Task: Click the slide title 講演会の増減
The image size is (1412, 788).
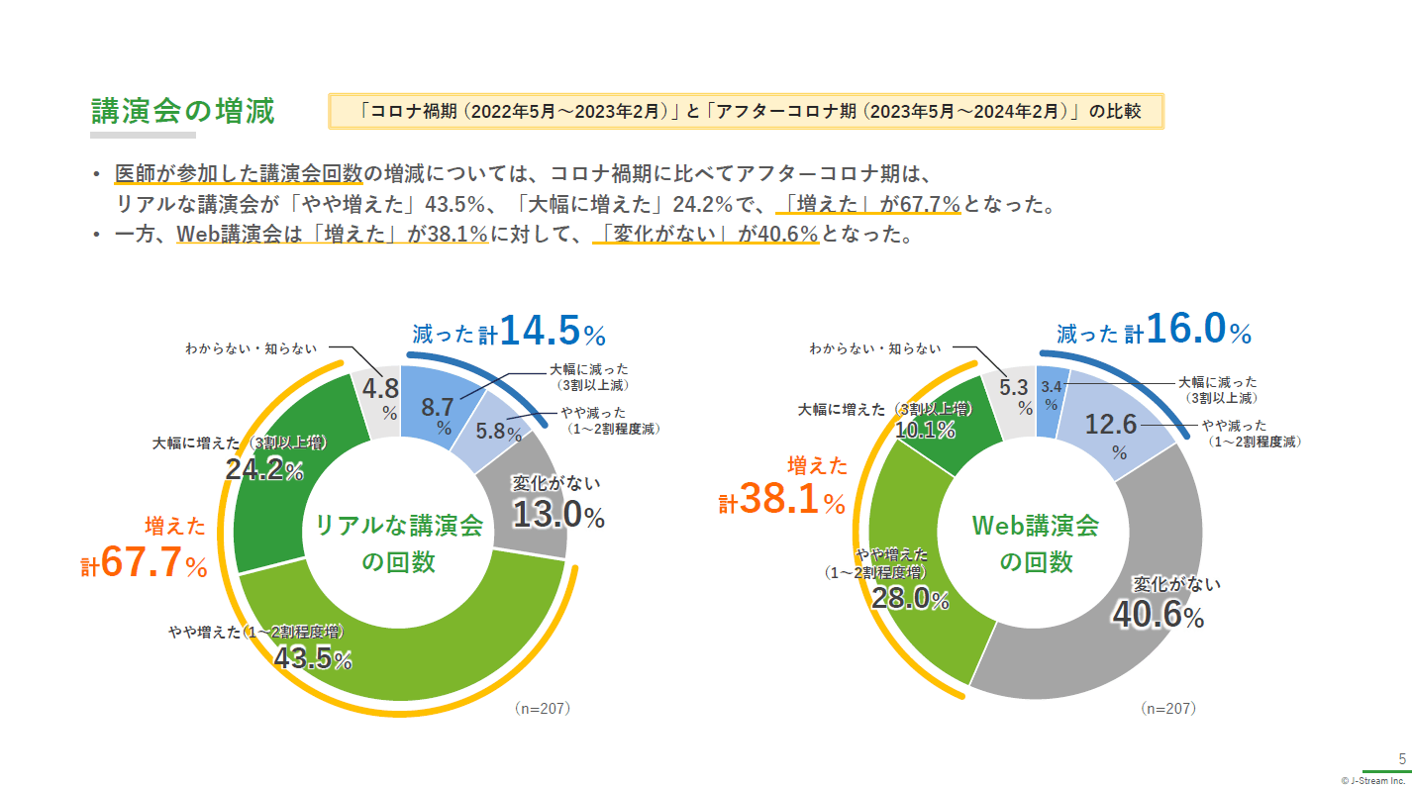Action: [x=182, y=111]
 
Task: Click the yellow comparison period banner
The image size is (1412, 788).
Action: [x=746, y=112]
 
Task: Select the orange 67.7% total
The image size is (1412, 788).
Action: [x=154, y=562]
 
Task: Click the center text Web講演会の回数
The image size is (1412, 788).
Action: [x=1036, y=542]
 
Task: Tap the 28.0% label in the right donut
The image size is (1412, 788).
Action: [x=910, y=599]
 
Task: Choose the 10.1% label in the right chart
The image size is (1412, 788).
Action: [x=925, y=430]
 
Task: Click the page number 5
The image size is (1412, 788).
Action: [x=1401, y=759]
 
